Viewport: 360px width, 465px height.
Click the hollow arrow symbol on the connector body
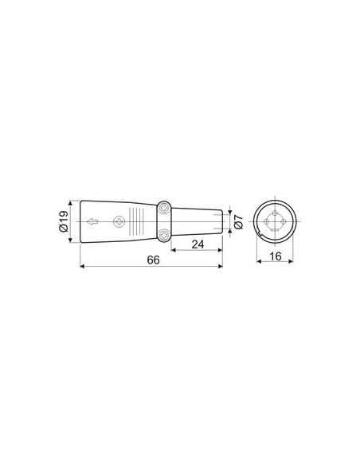click(93, 221)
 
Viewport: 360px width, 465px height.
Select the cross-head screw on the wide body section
click(123, 220)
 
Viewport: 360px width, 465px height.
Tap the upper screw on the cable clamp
click(163, 207)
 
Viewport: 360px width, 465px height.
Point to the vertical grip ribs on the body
click(140, 220)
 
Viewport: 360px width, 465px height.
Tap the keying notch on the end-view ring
click(259, 235)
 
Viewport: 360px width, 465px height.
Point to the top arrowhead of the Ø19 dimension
click(74, 201)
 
